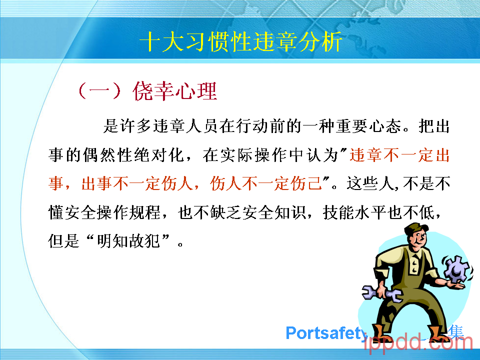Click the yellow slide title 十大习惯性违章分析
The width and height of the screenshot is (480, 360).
click(241, 41)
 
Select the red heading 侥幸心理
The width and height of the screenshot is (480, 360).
click(175, 91)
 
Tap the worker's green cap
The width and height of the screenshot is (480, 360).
click(415, 228)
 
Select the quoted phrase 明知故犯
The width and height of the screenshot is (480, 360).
click(129, 241)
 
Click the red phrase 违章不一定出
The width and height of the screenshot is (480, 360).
click(399, 155)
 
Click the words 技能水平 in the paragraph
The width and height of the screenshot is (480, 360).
click(354, 212)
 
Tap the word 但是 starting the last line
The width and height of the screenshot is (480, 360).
click(64, 241)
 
